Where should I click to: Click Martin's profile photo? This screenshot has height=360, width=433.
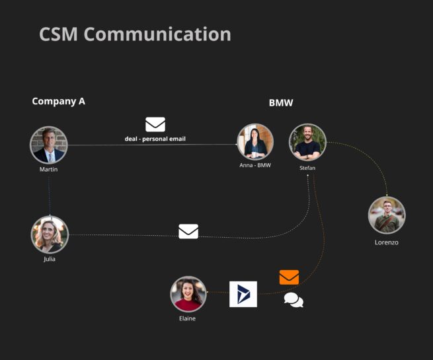tap(49, 145)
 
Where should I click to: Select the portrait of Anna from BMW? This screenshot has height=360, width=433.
tap(255, 141)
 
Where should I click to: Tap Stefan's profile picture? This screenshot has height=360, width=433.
tap(307, 142)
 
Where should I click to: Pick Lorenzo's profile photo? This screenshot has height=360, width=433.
tap(387, 215)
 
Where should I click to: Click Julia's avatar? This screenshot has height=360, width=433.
tap(50, 234)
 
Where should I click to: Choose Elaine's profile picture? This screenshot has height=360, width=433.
tap(188, 294)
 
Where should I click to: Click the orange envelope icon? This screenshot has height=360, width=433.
tap(289, 277)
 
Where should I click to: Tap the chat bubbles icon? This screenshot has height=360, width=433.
tap(294, 301)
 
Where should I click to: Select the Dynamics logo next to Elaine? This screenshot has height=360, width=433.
tap(243, 294)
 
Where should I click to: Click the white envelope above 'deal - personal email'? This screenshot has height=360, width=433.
tap(155, 124)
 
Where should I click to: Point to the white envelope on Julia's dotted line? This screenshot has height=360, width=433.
tap(188, 231)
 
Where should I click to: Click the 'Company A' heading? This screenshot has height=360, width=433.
tap(58, 101)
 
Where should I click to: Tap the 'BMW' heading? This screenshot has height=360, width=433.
tap(281, 103)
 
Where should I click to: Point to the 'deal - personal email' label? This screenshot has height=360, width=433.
tap(155, 139)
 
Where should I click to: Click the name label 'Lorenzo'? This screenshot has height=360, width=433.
tap(387, 242)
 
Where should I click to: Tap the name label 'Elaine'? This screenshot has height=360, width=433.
tap(187, 318)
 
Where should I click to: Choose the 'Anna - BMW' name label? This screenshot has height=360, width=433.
tap(255, 165)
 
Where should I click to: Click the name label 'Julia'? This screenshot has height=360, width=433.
tap(50, 259)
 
